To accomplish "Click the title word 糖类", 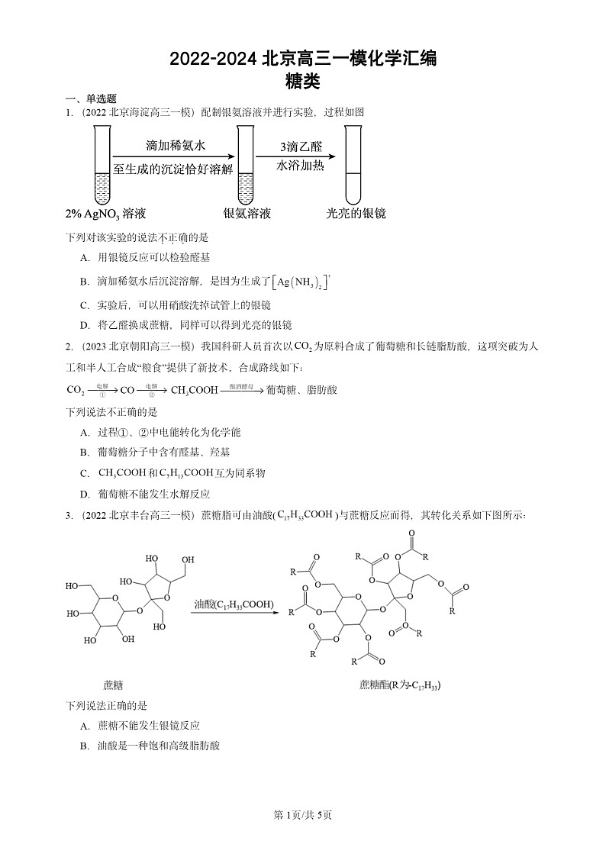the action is click(302, 79).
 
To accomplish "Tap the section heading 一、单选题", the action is click(91, 98).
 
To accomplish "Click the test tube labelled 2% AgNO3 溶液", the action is click(101, 165).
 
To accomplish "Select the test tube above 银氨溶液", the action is click(245, 165).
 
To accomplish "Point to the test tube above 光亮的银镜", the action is click(352, 165).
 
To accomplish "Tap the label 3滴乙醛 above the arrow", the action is click(300, 147).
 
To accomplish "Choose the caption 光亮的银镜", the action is click(356, 214).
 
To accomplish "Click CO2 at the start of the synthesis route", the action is click(76, 390).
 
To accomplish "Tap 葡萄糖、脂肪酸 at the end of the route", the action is click(302, 390).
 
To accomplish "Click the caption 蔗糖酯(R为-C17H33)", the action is click(400, 685).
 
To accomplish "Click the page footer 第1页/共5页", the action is click(302, 815).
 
